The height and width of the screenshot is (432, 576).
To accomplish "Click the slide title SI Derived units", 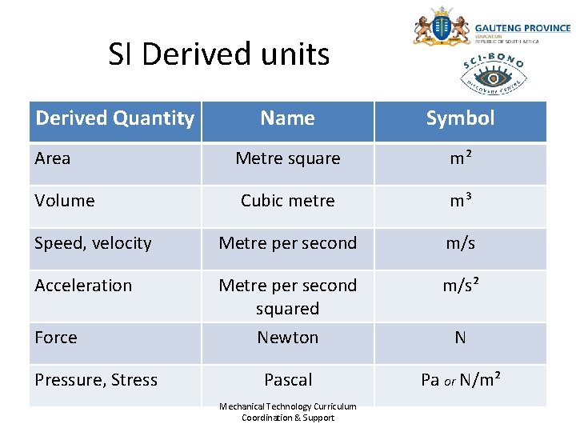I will (218, 54).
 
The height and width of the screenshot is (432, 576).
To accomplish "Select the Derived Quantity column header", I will (114, 118).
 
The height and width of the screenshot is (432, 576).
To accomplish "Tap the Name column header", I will (287, 118).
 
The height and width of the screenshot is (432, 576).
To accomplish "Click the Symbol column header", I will (460, 118).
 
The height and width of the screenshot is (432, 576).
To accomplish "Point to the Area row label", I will (53, 158).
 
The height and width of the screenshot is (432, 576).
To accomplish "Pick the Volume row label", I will (65, 201).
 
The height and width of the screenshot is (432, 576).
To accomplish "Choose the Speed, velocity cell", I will (93, 243).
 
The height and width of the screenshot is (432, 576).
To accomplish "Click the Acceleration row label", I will (83, 286).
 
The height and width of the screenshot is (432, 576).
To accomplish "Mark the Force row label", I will (56, 338).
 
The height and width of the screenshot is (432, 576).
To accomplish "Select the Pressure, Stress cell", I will (96, 380).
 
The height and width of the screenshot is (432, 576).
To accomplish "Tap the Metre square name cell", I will (287, 158).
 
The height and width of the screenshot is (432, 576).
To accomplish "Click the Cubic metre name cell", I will (287, 201).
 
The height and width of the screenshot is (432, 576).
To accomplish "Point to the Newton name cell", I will (287, 338).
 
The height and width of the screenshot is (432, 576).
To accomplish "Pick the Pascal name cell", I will (287, 380).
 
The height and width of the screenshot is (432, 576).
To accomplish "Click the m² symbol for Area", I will (460, 158).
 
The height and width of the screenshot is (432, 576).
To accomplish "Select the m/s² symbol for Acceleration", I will (460, 286).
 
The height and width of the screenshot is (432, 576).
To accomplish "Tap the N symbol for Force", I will (460, 338).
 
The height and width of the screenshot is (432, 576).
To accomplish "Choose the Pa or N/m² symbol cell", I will (460, 380).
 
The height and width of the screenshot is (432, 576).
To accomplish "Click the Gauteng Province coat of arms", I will (441, 27).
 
